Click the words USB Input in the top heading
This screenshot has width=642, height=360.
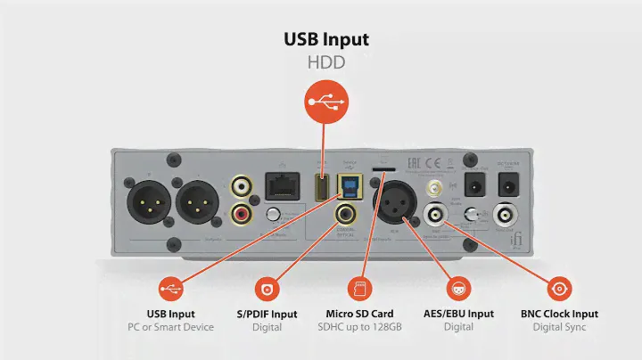pyautogui.click(x=326, y=40)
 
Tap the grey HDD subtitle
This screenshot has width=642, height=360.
pyautogui.click(x=326, y=63)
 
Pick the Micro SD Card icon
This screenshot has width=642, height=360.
pyautogui.click(x=360, y=289)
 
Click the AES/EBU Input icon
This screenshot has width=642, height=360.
pyautogui.click(x=457, y=289)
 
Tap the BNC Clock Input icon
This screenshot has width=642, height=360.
pyautogui.click(x=559, y=289)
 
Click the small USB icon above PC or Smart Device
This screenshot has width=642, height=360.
pyautogui.click(x=170, y=289)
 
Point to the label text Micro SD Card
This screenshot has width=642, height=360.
pyautogui.click(x=360, y=314)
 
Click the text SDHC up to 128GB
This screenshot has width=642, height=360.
pyautogui.click(x=360, y=327)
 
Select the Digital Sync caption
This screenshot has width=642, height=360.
pyautogui.click(x=559, y=327)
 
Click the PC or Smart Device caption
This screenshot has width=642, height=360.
pyautogui.click(x=170, y=327)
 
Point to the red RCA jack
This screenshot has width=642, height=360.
pyautogui.click(x=242, y=214)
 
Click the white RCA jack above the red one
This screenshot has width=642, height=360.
pyautogui.click(x=242, y=187)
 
